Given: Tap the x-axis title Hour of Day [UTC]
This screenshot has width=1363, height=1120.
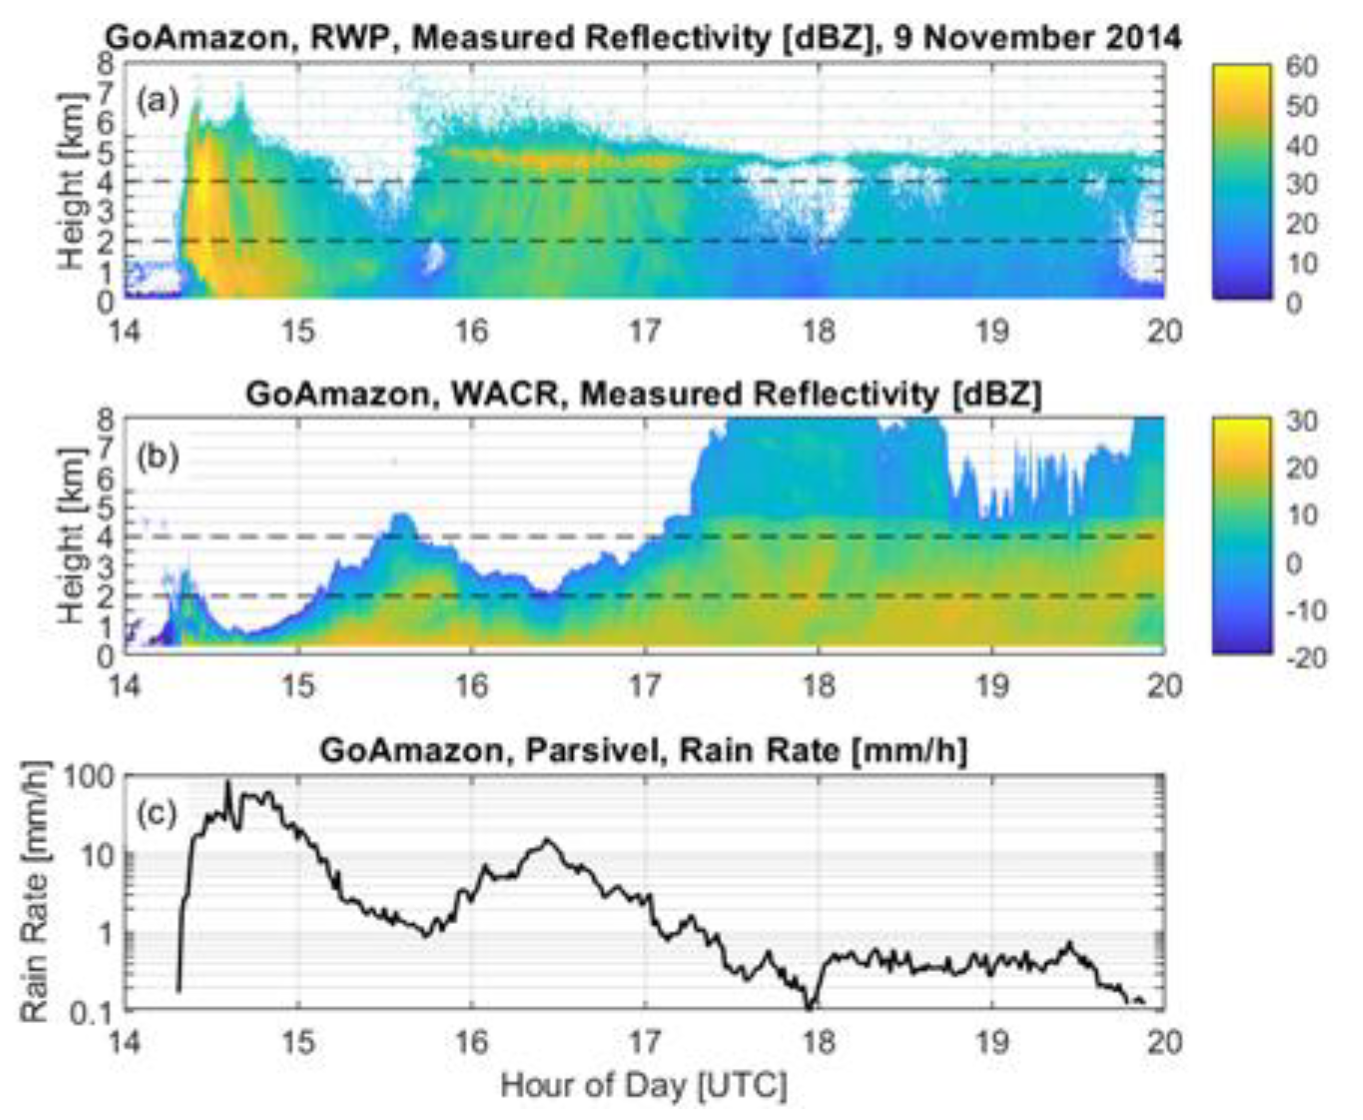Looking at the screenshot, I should [x=643, y=1086].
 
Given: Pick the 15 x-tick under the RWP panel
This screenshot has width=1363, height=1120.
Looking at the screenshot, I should [x=298, y=331].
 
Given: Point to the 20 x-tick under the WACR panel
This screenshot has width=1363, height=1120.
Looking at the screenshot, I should [x=1164, y=687].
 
